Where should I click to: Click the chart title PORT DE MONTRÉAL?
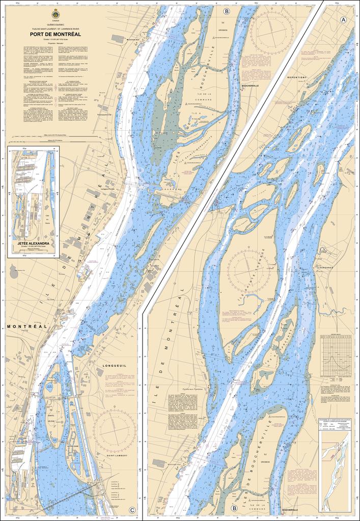[66, 35]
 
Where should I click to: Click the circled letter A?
[343, 19]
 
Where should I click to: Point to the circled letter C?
[132, 510]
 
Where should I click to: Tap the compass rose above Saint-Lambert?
[115, 430]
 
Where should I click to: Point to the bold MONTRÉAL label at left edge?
[27, 326]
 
